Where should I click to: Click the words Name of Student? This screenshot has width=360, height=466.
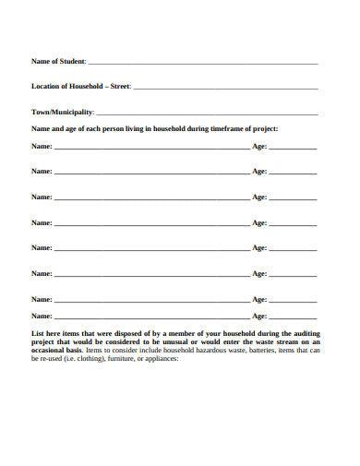58,61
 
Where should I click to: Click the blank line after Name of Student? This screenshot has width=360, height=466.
203,63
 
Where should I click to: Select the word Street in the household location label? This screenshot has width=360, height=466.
120,87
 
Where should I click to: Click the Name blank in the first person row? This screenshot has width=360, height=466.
151,148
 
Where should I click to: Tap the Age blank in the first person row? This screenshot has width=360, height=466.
293,148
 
